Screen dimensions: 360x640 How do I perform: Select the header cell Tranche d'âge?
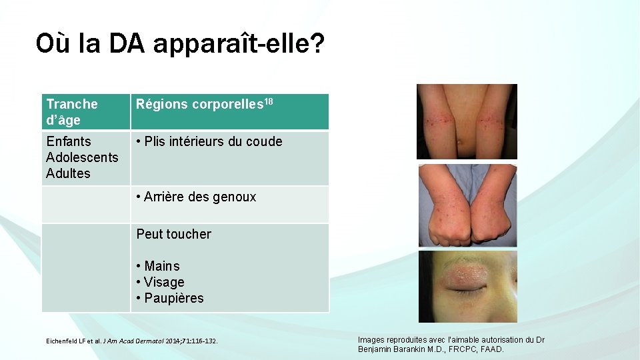[x=72, y=112]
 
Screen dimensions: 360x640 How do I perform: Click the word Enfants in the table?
[x=68, y=141]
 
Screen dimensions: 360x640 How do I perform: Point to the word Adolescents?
[x=82, y=157]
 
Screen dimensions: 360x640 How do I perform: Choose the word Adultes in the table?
[x=68, y=173]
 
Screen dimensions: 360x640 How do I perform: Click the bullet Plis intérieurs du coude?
[x=209, y=141]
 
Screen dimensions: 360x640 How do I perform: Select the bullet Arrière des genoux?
[x=196, y=197]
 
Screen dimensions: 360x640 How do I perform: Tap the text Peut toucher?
[x=173, y=234]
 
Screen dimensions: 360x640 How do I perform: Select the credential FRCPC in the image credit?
[x=465, y=349]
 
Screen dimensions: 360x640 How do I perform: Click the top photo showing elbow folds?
[x=467, y=121]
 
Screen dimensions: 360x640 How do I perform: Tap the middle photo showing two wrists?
[x=467, y=205]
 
